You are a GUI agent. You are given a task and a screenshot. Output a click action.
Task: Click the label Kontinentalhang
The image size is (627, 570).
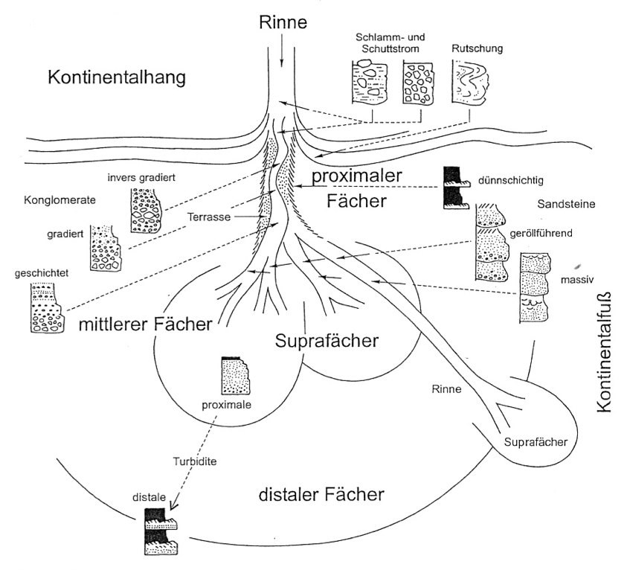click(117, 77)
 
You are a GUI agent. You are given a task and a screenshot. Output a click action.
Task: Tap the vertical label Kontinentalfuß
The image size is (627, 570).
click(604, 352)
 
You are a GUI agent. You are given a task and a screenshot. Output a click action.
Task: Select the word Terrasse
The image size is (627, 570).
click(209, 217)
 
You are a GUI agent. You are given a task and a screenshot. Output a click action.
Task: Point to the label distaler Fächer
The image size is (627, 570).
click(321, 495)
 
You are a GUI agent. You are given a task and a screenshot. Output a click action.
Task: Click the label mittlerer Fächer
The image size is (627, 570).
click(146, 324)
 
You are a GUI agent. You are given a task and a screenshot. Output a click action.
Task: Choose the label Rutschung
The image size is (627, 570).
click(477, 48)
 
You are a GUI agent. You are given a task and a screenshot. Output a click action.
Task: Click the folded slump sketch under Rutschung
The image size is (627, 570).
click(471, 83)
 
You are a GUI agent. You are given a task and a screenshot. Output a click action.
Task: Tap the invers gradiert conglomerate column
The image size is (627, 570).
click(145, 211)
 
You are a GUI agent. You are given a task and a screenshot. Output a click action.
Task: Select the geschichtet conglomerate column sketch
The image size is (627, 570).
click(46, 307)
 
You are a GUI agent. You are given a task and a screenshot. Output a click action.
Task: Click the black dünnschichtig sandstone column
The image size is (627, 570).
click(455, 188)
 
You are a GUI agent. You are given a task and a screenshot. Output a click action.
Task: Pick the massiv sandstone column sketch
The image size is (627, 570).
click(535, 287)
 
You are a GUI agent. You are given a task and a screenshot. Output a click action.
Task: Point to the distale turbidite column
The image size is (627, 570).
click(161, 531)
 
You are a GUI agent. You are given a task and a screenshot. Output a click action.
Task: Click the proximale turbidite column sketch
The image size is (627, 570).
click(235, 375)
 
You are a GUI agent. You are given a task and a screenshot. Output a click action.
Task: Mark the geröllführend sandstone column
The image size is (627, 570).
click(492, 243)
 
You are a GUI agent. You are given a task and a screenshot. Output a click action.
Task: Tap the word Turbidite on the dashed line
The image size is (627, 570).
click(195, 461)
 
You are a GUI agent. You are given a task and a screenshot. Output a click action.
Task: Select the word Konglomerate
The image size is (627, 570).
click(60, 200)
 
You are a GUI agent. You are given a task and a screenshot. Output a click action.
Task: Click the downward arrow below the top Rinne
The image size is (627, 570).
click(281, 51)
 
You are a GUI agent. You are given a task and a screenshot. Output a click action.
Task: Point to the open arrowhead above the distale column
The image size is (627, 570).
click(175, 505)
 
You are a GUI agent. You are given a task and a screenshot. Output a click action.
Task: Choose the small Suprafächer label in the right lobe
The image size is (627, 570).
click(536, 442)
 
